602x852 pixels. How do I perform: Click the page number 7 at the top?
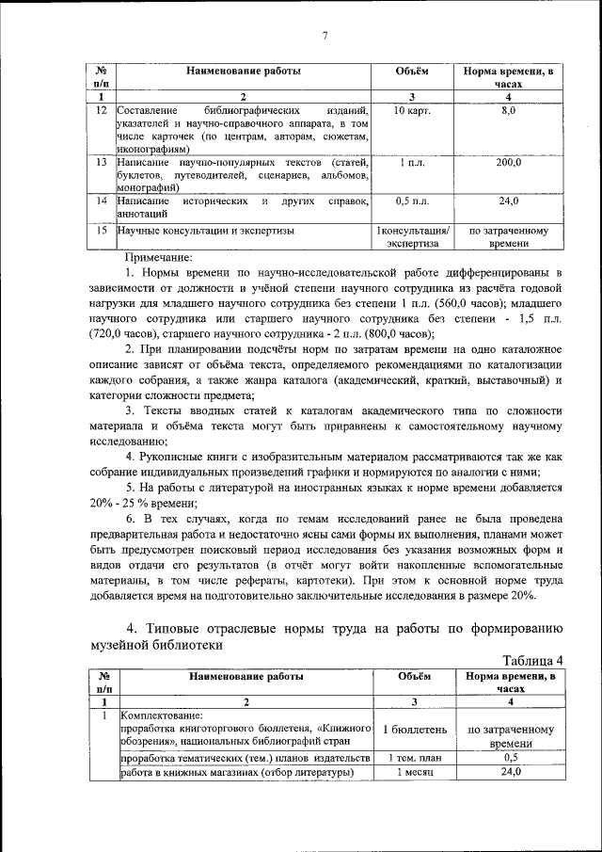pyautogui.click(x=324, y=36)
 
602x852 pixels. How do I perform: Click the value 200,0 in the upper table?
pyautogui.click(x=508, y=164)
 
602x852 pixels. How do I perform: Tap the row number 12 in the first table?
pyautogui.click(x=101, y=111)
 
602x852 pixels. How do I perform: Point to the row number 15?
pyautogui.click(x=101, y=230)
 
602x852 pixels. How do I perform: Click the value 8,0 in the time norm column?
pyautogui.click(x=508, y=111)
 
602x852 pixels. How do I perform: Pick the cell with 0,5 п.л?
pyautogui.click(x=412, y=202)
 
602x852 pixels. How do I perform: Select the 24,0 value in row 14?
pyautogui.click(x=508, y=202)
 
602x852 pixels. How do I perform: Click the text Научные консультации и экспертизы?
pyautogui.click(x=206, y=230)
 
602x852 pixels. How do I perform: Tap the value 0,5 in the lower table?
pyautogui.click(x=510, y=758)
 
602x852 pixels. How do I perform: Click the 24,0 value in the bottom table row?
pyautogui.click(x=510, y=772)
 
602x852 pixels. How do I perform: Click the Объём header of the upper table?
pyautogui.click(x=412, y=71)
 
